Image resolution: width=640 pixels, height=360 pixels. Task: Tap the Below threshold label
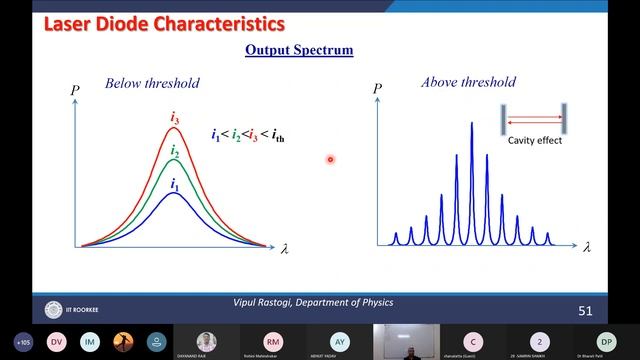click(x=152, y=83)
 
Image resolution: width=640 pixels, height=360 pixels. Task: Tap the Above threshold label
click(x=468, y=83)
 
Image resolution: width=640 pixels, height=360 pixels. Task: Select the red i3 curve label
click(x=174, y=119)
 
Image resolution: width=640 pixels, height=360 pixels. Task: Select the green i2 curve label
click(x=174, y=151)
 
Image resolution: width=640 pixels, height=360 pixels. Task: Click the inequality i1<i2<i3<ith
click(x=247, y=136)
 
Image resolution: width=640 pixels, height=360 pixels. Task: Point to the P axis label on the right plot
click(x=377, y=90)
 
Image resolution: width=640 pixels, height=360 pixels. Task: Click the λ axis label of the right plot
click(x=587, y=247)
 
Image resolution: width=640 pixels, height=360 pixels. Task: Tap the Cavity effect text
click(x=535, y=141)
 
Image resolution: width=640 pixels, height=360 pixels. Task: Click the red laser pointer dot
click(x=329, y=158)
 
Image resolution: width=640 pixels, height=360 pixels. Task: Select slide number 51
click(x=585, y=312)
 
